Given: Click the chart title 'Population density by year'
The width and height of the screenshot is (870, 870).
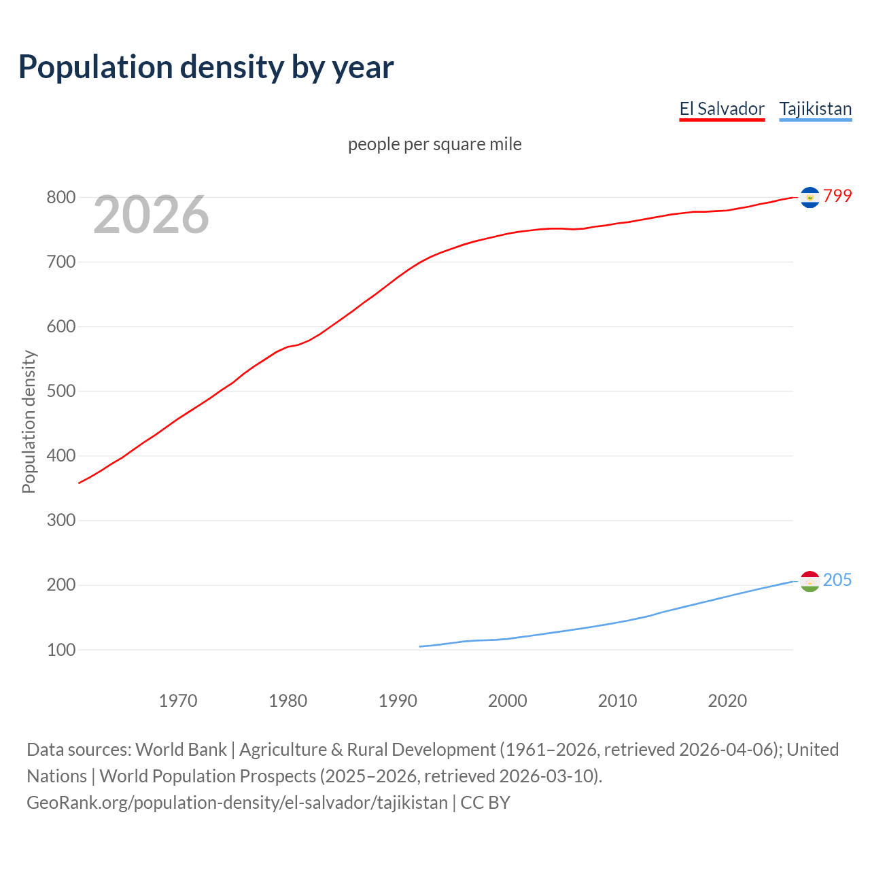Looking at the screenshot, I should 206,67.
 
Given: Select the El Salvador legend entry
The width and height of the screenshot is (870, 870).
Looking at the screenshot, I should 722,109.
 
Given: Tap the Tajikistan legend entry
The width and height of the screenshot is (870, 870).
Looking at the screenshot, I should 815,109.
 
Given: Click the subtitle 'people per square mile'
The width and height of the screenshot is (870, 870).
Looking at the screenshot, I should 434,144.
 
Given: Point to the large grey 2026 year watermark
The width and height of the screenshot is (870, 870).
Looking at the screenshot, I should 151,215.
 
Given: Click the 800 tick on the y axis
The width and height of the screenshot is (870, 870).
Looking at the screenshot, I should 60,197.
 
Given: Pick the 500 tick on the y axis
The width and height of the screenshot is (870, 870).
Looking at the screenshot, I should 60,391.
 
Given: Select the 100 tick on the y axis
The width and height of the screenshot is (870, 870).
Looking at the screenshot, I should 60,650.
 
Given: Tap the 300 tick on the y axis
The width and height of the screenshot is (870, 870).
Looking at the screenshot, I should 60,520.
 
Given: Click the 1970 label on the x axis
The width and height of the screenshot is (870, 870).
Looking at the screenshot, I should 178,701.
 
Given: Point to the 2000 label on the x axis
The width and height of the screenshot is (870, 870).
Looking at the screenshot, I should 508,701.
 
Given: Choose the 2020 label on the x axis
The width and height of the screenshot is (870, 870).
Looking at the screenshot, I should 727,701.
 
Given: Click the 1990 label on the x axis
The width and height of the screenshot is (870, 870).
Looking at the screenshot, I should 398,701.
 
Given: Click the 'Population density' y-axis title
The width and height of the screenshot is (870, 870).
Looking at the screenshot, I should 29,421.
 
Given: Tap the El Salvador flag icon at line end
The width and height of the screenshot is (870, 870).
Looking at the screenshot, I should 810,197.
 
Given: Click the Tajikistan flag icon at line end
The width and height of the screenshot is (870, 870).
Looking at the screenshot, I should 810,581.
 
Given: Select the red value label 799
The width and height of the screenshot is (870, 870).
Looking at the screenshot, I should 837,196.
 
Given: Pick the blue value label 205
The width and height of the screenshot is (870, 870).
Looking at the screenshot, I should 837,580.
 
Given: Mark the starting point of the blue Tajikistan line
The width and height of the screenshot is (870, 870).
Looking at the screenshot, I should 420,646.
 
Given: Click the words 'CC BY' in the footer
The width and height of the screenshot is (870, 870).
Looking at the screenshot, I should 485,803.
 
